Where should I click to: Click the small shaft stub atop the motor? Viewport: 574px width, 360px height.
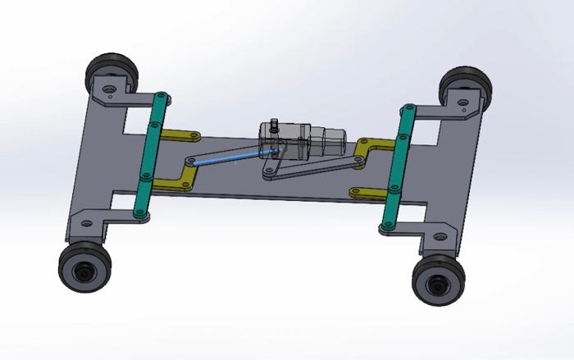(x=275, y=125)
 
